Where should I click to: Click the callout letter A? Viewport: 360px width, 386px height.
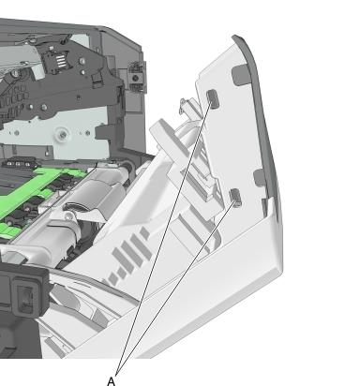click(112, 381)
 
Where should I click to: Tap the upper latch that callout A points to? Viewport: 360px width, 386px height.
click(213, 98)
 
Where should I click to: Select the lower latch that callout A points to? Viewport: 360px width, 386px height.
click(235, 198)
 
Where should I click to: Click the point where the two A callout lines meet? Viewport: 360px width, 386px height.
click(116, 374)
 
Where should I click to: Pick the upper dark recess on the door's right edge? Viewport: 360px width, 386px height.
click(241, 75)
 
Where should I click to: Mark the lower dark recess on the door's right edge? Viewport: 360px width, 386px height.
click(259, 179)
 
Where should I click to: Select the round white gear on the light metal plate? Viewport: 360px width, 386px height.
click(63, 134)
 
